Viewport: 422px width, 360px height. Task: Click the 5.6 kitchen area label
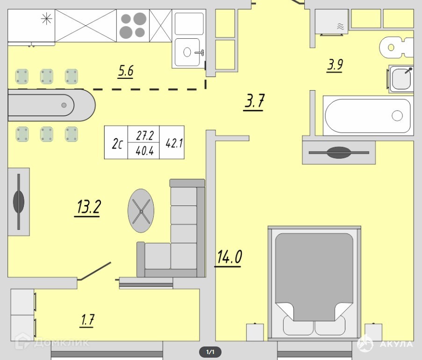[x=126, y=71]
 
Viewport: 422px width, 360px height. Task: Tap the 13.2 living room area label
[x=88, y=207]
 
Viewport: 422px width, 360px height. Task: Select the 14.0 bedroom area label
[x=229, y=257]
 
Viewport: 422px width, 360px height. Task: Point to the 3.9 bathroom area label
[x=335, y=65]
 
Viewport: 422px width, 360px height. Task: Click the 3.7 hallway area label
[x=254, y=102]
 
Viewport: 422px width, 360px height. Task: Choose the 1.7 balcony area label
[x=87, y=320]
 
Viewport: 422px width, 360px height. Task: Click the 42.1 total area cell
[x=174, y=143]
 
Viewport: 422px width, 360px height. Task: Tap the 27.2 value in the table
[x=145, y=136]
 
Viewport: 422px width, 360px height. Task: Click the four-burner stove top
[x=133, y=26]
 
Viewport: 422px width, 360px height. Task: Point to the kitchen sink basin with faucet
[x=187, y=52]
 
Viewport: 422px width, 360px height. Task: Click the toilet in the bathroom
[x=396, y=47]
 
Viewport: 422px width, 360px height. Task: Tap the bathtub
[x=368, y=116]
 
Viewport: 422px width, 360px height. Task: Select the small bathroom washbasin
[x=401, y=79]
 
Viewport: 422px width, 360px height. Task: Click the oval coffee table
[x=141, y=211]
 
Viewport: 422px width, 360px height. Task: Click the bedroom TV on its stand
[x=339, y=152]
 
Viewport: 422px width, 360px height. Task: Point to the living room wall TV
[x=19, y=202]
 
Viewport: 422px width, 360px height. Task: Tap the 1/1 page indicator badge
[x=210, y=352]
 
